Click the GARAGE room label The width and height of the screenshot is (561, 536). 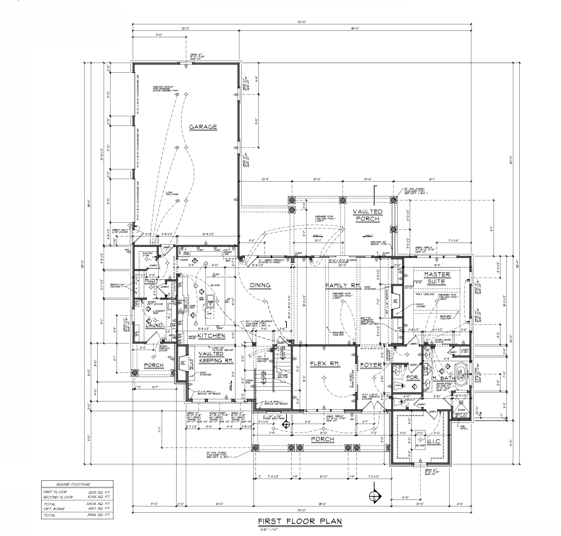click(203, 127)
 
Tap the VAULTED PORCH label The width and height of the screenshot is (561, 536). click(367, 215)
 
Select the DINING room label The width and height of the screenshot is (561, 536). click(260, 285)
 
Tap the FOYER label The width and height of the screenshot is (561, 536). click(371, 365)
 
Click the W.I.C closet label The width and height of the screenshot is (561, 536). click(433, 441)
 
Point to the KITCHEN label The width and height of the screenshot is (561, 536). click(211, 336)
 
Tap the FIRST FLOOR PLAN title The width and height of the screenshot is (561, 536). click(300, 521)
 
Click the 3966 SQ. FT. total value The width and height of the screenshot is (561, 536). click(100, 515)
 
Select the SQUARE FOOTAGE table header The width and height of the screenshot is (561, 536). click(78, 484)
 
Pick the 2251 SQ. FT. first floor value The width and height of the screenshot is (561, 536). click(100, 492)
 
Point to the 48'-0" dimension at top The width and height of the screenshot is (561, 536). click(355, 29)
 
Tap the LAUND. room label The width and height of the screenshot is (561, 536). click(154, 325)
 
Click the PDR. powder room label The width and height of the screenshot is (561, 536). click(410, 377)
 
